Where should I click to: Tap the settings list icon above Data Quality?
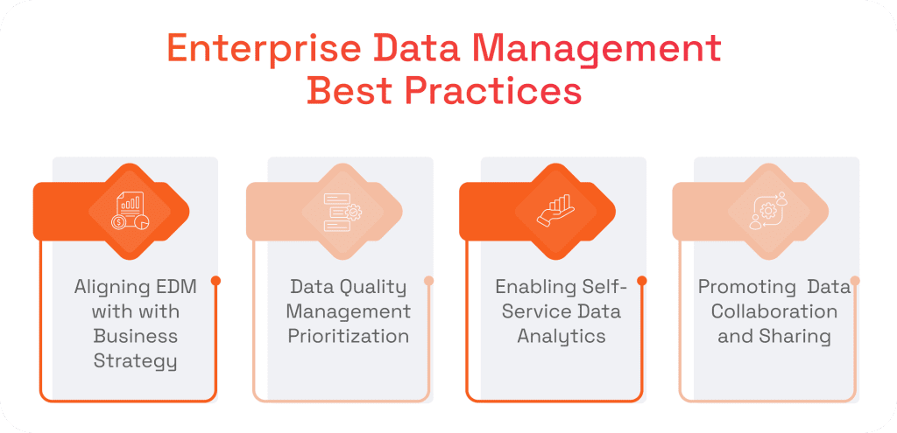click(x=343, y=211)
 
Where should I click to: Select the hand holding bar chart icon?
click(x=556, y=211)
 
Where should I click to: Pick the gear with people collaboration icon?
click(x=769, y=211)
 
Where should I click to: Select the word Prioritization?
click(x=348, y=336)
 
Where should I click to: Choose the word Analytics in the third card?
click(x=561, y=336)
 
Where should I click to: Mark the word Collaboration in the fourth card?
click(x=774, y=311)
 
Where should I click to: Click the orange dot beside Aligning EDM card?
click(x=215, y=281)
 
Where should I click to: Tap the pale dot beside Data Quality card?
click(x=428, y=281)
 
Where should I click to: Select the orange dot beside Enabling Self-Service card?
click(x=642, y=281)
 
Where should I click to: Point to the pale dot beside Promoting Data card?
click(x=855, y=281)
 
